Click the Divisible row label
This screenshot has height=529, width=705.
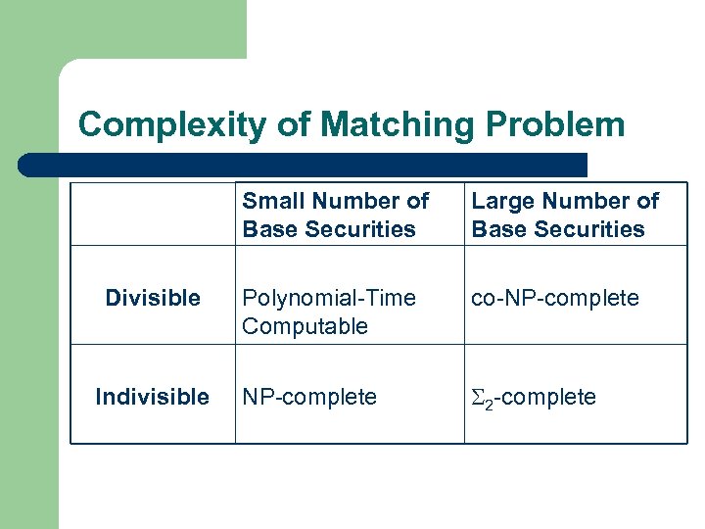pyautogui.click(x=153, y=298)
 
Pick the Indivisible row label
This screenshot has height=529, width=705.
pyautogui.click(x=152, y=397)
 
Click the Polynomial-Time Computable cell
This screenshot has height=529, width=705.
pyautogui.click(x=329, y=312)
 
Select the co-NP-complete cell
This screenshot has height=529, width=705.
pyautogui.click(x=555, y=298)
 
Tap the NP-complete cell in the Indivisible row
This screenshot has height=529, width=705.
pyautogui.click(x=309, y=397)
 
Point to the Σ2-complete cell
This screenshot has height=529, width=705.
pyautogui.click(x=534, y=397)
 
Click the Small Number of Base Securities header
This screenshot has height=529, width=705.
pyautogui.click(x=336, y=215)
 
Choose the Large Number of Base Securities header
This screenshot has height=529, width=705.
pyautogui.click(x=565, y=215)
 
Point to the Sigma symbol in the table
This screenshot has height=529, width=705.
pyautogui.click(x=478, y=397)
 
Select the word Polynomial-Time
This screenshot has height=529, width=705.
pyautogui.click(x=329, y=298)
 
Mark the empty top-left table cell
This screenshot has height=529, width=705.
pyautogui.click(x=153, y=215)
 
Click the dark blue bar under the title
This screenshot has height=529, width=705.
pyautogui.click(x=304, y=165)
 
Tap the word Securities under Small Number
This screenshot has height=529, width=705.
pyautogui.click(x=363, y=229)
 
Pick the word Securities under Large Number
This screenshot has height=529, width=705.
pyautogui.click(x=592, y=229)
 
